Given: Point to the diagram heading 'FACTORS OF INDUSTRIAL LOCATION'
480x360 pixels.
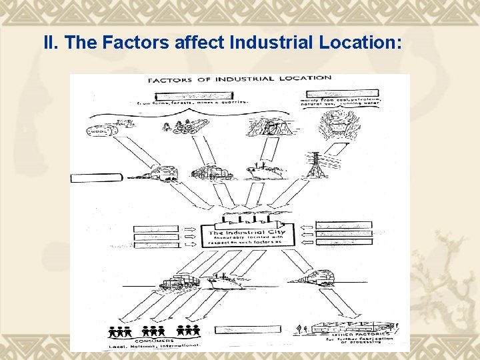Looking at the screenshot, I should (239, 79).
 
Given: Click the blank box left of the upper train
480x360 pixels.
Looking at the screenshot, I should (96, 177).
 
